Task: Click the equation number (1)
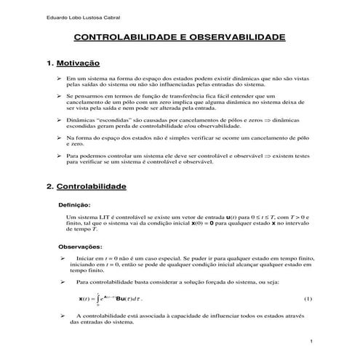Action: (307, 299)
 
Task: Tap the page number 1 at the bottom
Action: (311, 341)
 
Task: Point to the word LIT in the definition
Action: (99, 217)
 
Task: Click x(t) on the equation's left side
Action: (85, 300)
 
